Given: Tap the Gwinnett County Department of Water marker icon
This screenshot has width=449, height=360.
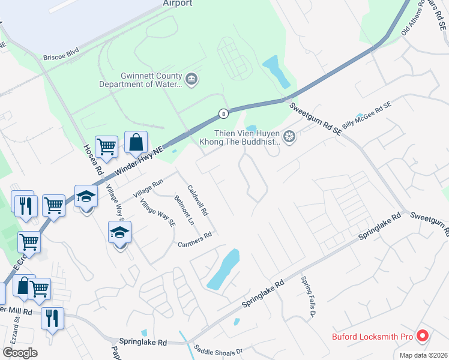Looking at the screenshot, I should click(x=191, y=80).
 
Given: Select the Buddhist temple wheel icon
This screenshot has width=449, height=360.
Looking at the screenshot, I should click(x=289, y=137).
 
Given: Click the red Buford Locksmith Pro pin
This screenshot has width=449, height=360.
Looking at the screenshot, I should click(x=422, y=337).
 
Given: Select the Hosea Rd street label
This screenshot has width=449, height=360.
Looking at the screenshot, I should click(x=92, y=158).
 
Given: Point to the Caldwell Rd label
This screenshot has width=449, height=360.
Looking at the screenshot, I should click(x=197, y=200).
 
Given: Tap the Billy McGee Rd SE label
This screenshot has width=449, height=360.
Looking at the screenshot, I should click(x=366, y=113).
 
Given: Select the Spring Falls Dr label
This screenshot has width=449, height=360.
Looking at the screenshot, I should click(x=309, y=296).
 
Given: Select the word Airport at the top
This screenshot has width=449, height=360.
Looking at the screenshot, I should click(x=177, y=3).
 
